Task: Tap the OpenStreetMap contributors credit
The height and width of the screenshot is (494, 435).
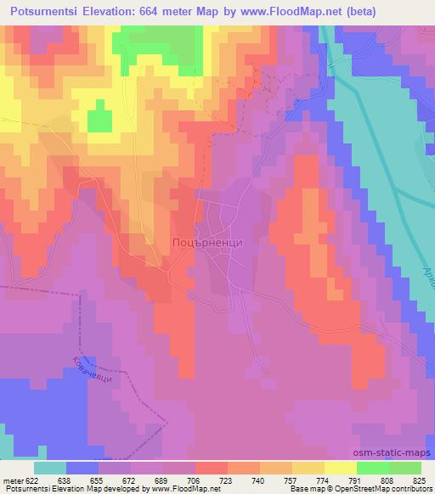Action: point(379,489)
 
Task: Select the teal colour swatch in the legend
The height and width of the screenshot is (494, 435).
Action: point(50,468)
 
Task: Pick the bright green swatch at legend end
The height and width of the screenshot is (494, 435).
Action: point(405,468)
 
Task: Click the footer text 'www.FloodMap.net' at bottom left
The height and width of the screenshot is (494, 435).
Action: point(179,489)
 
